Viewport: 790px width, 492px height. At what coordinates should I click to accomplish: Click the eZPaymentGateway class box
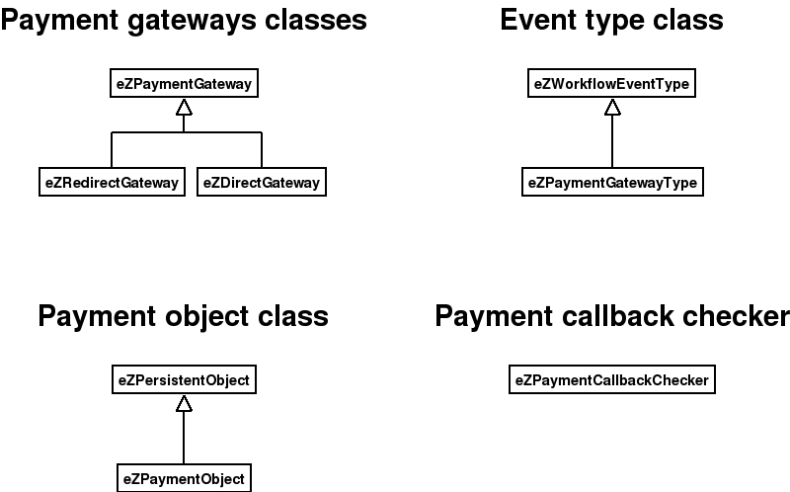(x=183, y=85)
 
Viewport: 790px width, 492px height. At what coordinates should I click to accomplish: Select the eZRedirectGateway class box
(x=112, y=183)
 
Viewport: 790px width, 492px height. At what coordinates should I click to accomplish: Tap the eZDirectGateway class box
(x=262, y=183)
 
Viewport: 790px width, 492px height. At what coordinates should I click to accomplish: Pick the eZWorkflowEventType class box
(x=611, y=85)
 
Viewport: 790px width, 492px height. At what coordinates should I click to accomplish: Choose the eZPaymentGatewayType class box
(x=612, y=183)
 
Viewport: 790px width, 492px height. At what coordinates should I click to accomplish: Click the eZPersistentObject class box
(x=184, y=379)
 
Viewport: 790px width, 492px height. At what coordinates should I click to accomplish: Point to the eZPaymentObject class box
(x=184, y=478)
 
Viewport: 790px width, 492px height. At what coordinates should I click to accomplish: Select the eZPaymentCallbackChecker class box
(x=611, y=379)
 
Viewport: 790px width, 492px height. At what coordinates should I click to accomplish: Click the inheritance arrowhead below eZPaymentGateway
(x=184, y=108)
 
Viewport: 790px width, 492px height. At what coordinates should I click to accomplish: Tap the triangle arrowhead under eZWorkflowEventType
(x=612, y=108)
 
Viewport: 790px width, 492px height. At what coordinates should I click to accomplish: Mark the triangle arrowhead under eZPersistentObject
(x=184, y=403)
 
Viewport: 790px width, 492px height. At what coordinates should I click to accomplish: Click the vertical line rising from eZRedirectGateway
(x=112, y=150)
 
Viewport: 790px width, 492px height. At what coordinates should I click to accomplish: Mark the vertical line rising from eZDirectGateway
(x=262, y=150)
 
